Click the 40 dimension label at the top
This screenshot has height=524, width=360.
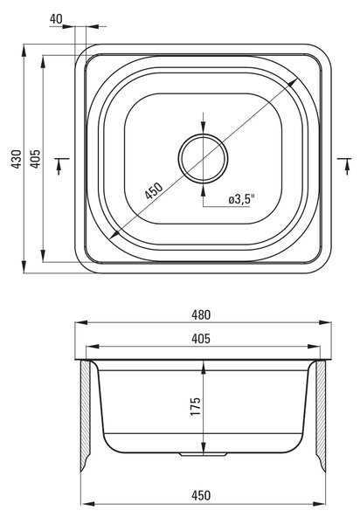tap(56, 19)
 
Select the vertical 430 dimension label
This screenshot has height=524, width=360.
tap(17, 158)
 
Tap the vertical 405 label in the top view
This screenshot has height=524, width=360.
tap(36, 158)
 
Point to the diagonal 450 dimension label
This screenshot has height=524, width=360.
tap(154, 190)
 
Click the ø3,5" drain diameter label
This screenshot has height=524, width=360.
tap(242, 199)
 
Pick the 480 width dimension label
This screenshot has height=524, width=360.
tap(201, 314)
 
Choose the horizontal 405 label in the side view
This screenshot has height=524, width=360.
tap(201, 339)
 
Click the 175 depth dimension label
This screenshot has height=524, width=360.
tap(196, 406)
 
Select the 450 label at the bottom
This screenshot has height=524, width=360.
tap(201, 495)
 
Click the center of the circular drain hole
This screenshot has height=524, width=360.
tap(204, 158)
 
